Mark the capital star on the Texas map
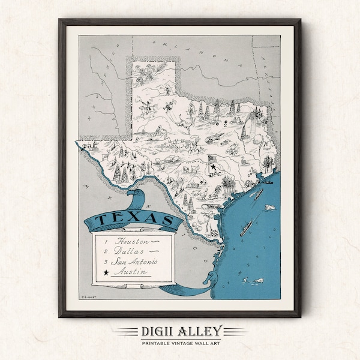pyautogui.click(x=211, y=159)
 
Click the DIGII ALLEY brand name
pyautogui.click(x=179, y=331)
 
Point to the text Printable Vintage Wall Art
pyautogui.click(x=179, y=343)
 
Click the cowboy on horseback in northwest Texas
pyautogui.click(x=145, y=109)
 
